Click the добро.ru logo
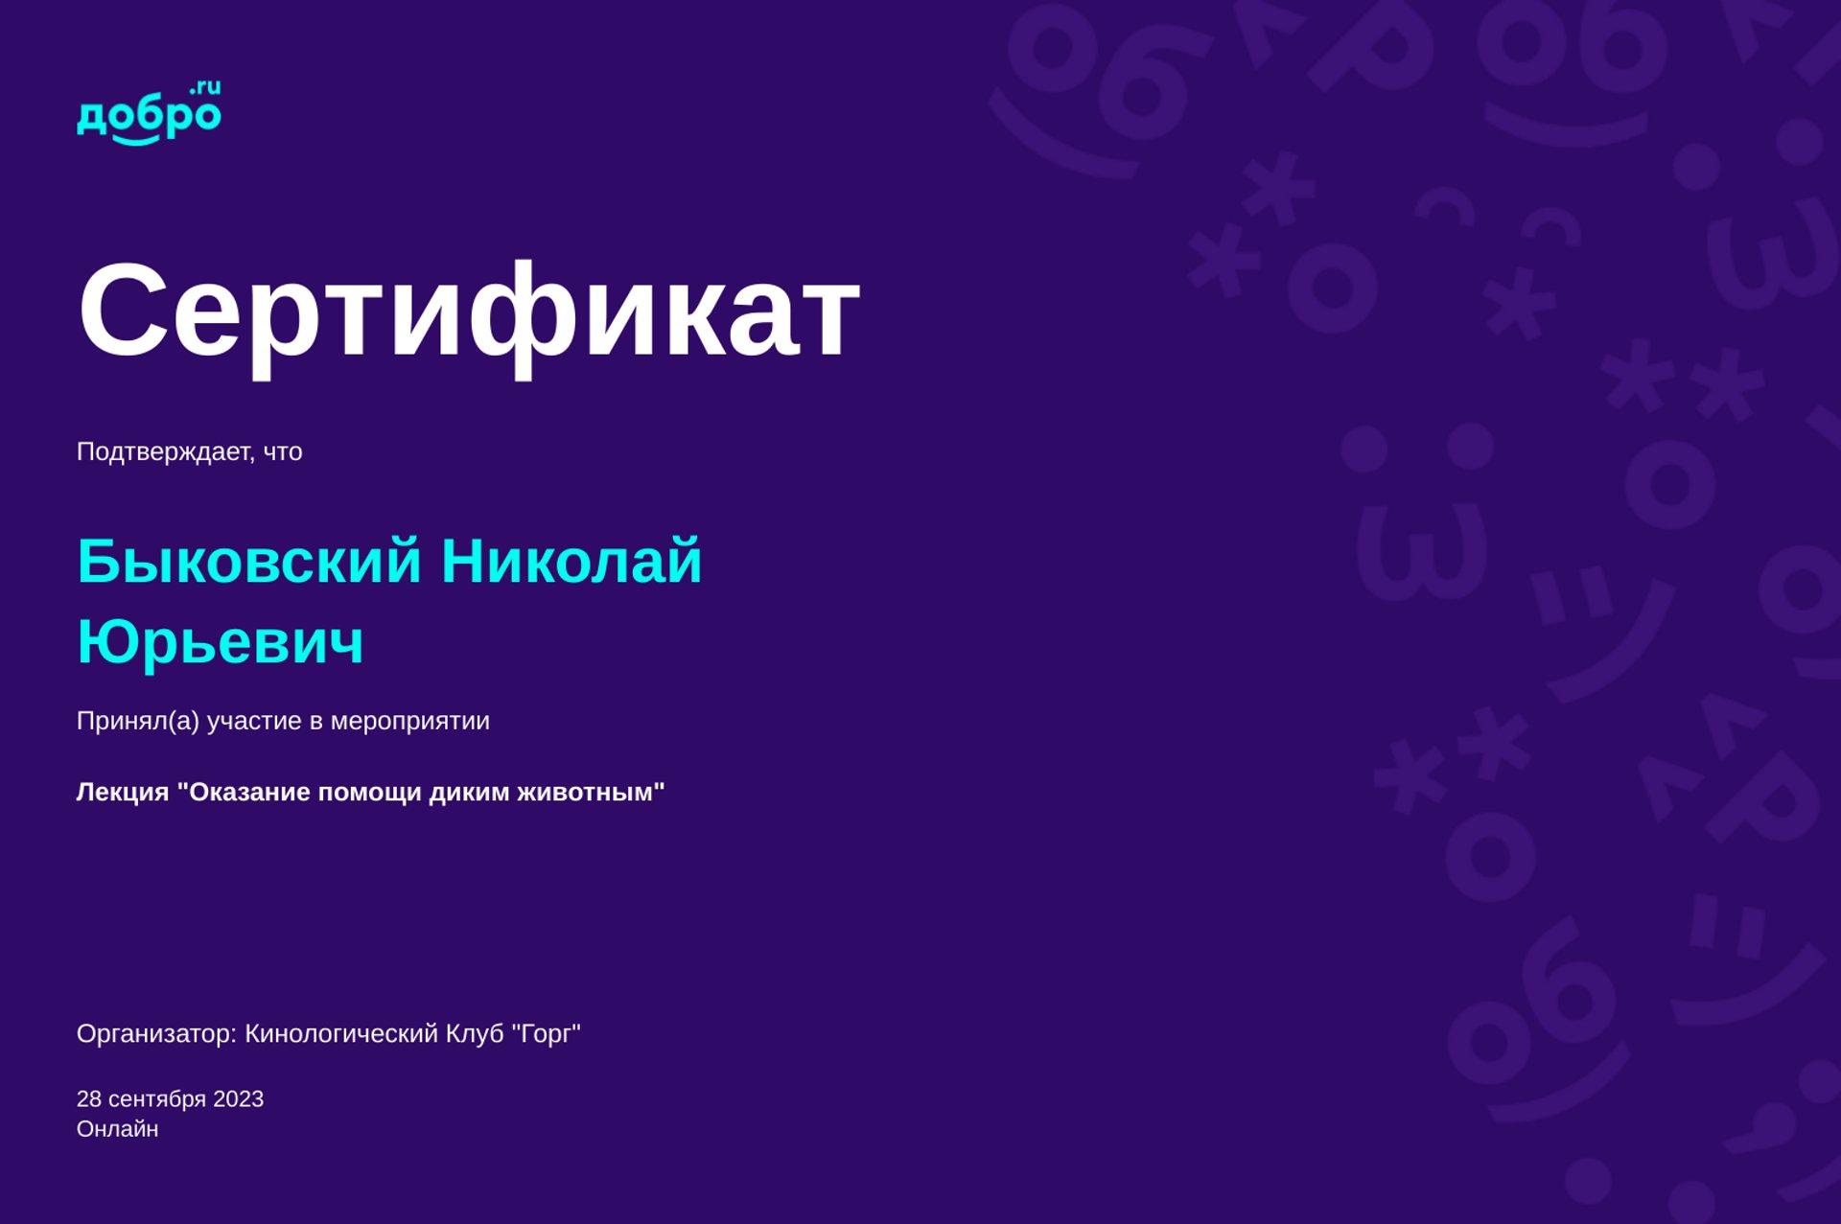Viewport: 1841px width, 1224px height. tap(149, 113)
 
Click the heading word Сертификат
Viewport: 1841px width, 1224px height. tap(469, 312)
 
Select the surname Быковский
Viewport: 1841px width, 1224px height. tap(249, 562)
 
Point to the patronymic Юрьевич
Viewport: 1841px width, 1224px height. tap(221, 641)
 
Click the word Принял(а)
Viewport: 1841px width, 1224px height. tap(138, 721)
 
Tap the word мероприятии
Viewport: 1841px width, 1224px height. tap(409, 722)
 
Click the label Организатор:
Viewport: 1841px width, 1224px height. tap(157, 1034)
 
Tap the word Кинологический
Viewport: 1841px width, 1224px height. tap(341, 1034)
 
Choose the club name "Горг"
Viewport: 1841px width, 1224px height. tap(546, 1034)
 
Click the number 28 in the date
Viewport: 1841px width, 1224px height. tap(89, 1099)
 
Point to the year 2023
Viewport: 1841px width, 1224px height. tap(238, 1099)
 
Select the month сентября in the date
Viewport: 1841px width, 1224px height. tap(157, 1100)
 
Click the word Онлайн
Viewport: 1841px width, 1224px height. tap(118, 1129)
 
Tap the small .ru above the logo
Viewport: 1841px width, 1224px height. tap(205, 88)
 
